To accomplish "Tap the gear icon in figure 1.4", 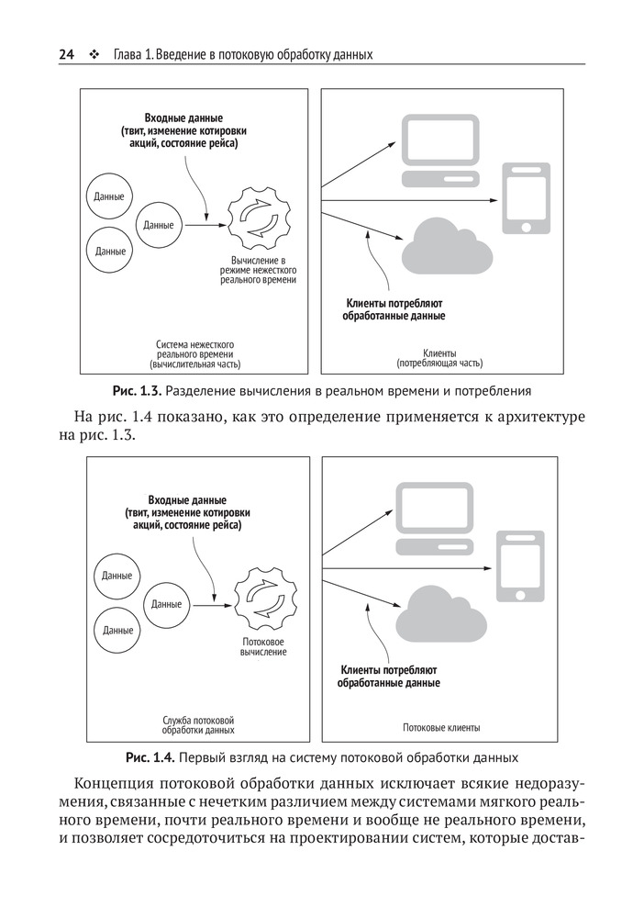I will point(265,600).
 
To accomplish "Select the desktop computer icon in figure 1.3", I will point(429,151).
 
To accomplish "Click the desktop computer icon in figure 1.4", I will point(433,520).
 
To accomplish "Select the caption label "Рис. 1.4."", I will point(150,758).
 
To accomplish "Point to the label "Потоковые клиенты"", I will point(441,727).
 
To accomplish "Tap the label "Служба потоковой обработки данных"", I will point(198,725).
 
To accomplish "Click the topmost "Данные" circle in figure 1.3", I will point(110,197).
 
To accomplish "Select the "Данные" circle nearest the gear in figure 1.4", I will point(166,604).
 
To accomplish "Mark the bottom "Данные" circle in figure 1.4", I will point(117,630).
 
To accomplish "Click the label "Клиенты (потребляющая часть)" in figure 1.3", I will point(439,357).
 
